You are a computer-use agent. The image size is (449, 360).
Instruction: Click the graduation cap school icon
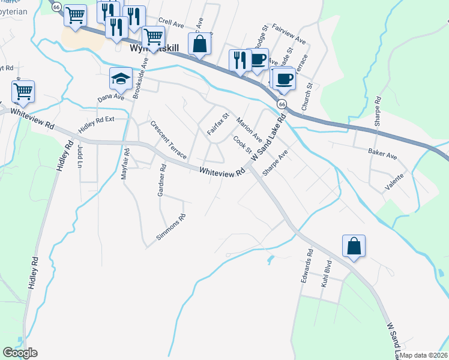point(121,79)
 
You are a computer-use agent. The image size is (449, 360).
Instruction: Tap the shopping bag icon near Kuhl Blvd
point(354,246)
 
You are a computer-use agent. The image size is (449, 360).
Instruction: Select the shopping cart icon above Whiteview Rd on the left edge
point(23,92)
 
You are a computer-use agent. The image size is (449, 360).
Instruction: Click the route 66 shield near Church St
point(282,104)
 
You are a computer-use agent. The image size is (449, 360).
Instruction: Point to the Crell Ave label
point(172,23)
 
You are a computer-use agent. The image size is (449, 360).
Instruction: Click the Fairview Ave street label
point(289,35)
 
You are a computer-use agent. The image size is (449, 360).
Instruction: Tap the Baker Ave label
point(383,156)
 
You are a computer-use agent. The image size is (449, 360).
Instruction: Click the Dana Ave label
point(110,96)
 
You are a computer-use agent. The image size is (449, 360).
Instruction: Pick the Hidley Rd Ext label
point(95,124)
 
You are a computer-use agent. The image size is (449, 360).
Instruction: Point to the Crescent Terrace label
point(168,140)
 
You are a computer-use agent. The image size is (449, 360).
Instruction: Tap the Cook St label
point(241,145)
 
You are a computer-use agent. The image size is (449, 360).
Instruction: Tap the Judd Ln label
point(80,156)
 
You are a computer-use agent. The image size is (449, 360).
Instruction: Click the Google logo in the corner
point(20,353)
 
